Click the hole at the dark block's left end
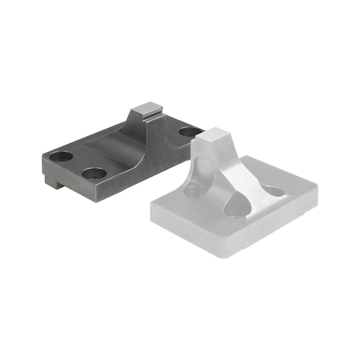coord(62,156)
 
